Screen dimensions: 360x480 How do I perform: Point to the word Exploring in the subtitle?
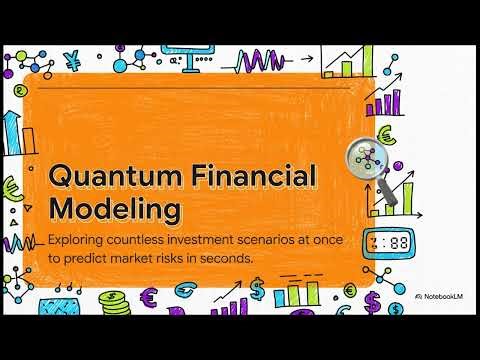pos(77,240)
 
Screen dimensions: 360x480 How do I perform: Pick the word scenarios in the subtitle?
pos(254,240)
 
